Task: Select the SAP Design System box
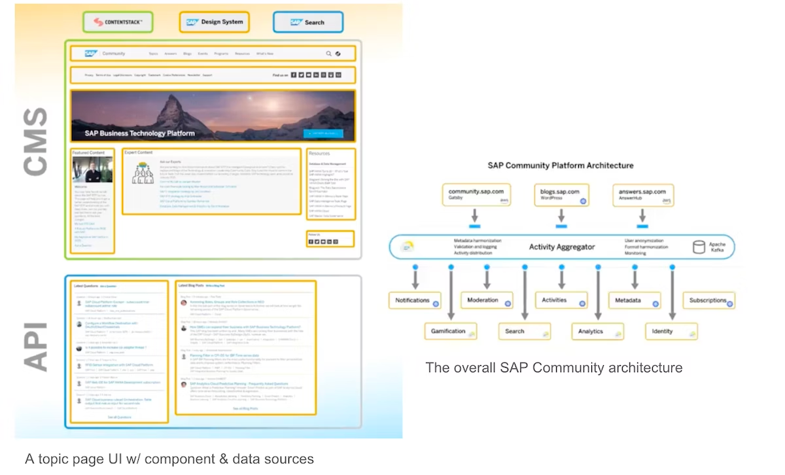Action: pyautogui.click(x=214, y=22)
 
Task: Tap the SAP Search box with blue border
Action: pyautogui.click(x=307, y=22)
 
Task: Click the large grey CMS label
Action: pyautogui.click(x=35, y=143)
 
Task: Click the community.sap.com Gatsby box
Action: pyautogui.click(x=476, y=194)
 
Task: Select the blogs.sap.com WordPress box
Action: pyautogui.click(x=561, y=194)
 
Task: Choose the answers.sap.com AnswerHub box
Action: pyautogui.click(x=645, y=194)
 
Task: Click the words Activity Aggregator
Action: pyautogui.click(x=562, y=247)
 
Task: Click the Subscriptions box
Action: pyautogui.click(x=708, y=300)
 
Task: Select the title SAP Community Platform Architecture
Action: pyautogui.click(x=561, y=166)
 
